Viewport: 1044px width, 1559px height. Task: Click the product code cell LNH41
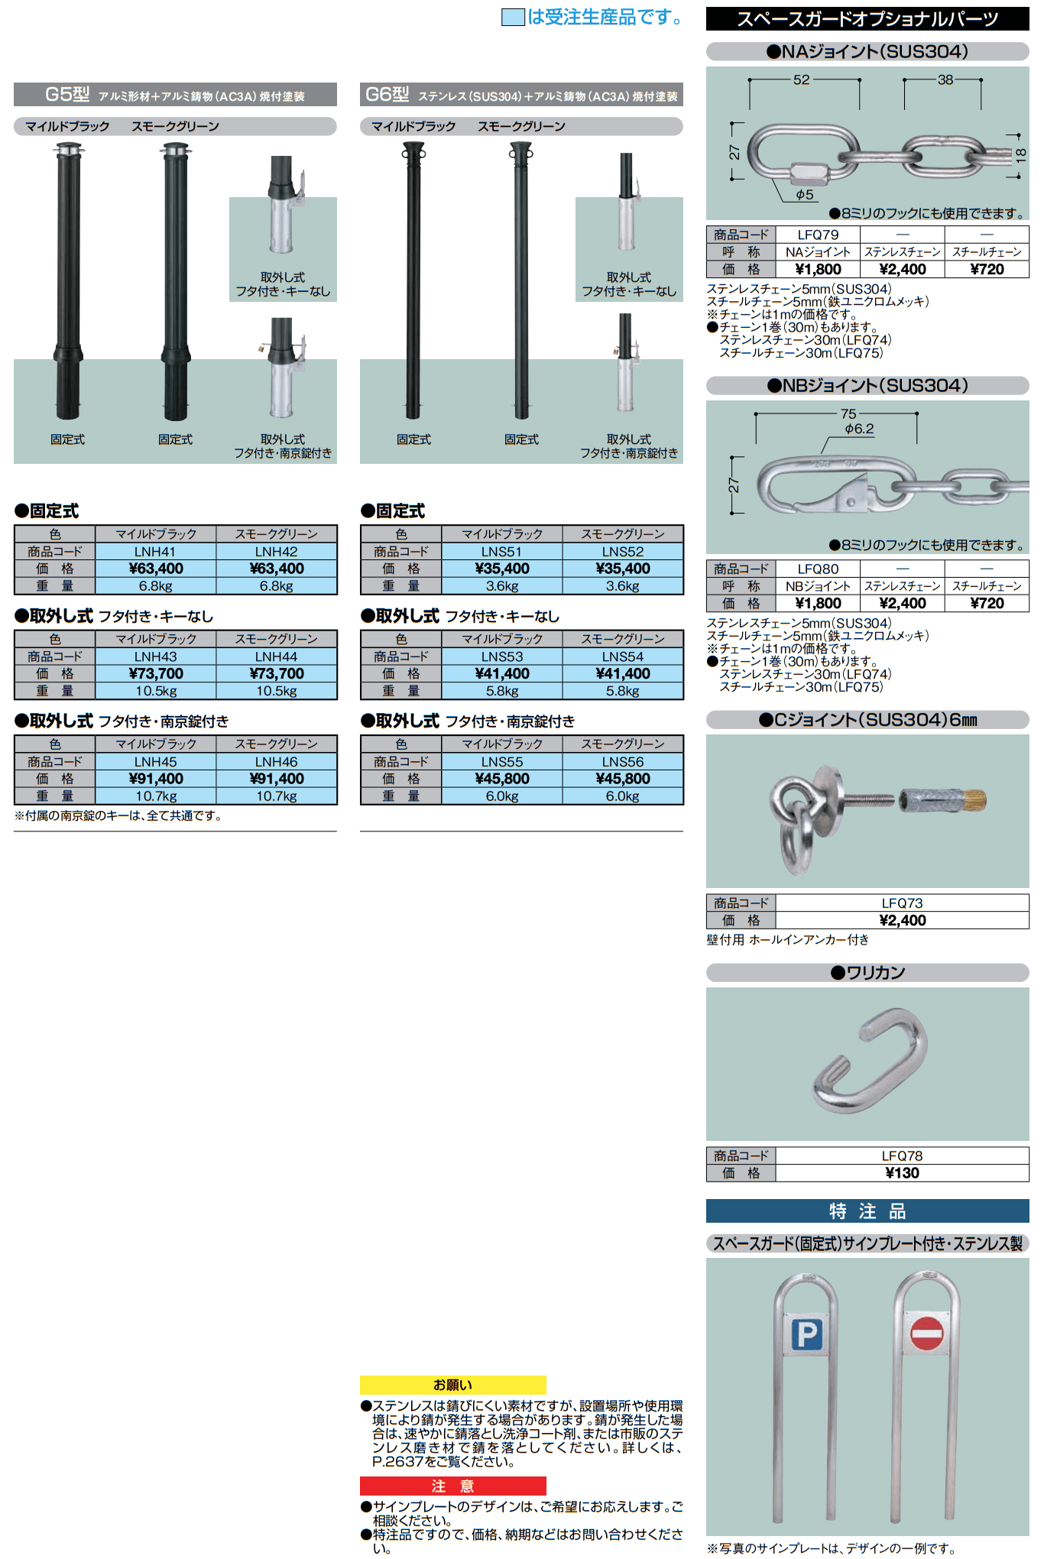[155, 551]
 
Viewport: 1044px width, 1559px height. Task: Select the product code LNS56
[623, 761]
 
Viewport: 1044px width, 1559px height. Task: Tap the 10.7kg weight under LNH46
[276, 796]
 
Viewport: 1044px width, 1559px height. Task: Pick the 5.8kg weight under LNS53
[502, 691]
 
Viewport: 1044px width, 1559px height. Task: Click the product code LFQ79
[818, 235]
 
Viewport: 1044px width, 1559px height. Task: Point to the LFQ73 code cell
[902, 903]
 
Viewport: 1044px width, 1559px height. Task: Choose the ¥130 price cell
[902, 1173]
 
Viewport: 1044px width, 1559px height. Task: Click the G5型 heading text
[67, 94]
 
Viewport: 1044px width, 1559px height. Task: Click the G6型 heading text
[387, 94]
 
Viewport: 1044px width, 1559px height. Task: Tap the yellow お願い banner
[452, 1385]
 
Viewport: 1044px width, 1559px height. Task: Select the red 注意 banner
[452, 1486]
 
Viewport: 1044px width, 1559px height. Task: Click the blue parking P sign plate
[806, 1335]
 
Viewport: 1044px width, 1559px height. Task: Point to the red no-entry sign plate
[926, 1334]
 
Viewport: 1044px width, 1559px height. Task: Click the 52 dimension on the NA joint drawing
[801, 79]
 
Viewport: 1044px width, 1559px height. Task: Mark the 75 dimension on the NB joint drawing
[848, 413]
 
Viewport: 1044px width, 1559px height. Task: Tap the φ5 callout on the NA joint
[805, 195]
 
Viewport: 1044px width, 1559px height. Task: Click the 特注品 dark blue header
[867, 1211]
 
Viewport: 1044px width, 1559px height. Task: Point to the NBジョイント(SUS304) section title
[867, 386]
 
